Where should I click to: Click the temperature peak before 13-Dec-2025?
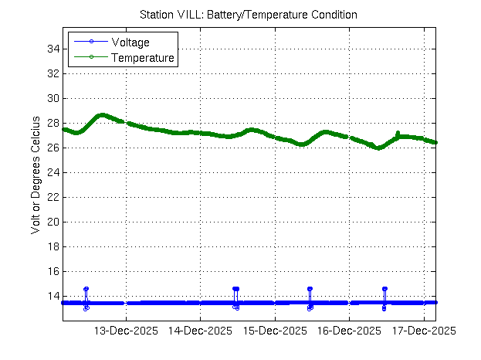(102, 115)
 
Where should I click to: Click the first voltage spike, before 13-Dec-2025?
(86, 289)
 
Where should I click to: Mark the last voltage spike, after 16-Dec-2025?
(384, 289)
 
